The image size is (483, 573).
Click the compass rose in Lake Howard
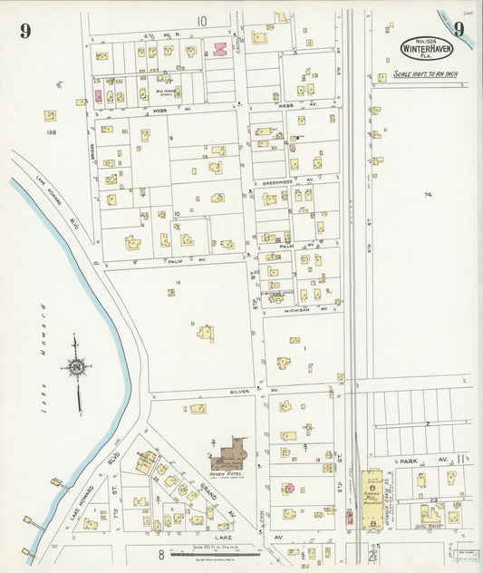(76, 367)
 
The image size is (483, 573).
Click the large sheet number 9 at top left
(24, 32)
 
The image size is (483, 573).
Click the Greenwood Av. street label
(273, 181)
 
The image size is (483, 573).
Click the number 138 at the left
(51, 133)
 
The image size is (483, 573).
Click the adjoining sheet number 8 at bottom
(160, 554)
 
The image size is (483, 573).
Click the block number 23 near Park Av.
(434, 500)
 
